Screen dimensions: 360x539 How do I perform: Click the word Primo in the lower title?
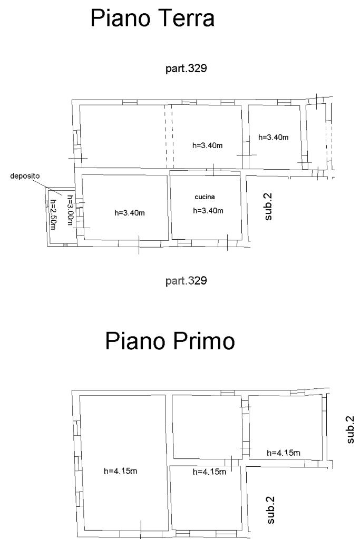coord(203,341)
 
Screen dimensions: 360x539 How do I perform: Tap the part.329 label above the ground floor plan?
coord(186,68)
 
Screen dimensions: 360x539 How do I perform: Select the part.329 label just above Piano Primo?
coord(186,281)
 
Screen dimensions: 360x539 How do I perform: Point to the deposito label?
coord(25,176)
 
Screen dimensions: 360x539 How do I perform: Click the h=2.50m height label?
coord(53,214)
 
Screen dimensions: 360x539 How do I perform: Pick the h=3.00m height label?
coord(70,210)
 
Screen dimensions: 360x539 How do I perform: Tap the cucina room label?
coord(205,197)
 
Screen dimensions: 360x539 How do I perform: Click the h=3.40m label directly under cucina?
coord(208,211)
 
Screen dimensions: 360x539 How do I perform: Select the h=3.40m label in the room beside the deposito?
coord(130,213)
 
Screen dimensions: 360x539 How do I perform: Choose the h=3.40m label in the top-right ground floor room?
coord(274,138)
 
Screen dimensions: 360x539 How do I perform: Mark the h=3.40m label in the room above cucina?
coord(207,145)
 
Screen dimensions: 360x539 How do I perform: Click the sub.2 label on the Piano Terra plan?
coord(268,207)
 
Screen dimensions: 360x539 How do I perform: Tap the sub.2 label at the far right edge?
coord(350,430)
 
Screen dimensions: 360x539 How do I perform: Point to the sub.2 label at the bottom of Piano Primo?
coord(271,510)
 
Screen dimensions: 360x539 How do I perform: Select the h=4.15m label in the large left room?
coord(121,471)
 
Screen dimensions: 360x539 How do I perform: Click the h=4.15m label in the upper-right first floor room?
coord(284,453)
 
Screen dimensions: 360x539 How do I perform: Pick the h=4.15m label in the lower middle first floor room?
coord(209,472)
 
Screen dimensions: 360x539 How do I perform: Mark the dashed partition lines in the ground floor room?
coord(169,136)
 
